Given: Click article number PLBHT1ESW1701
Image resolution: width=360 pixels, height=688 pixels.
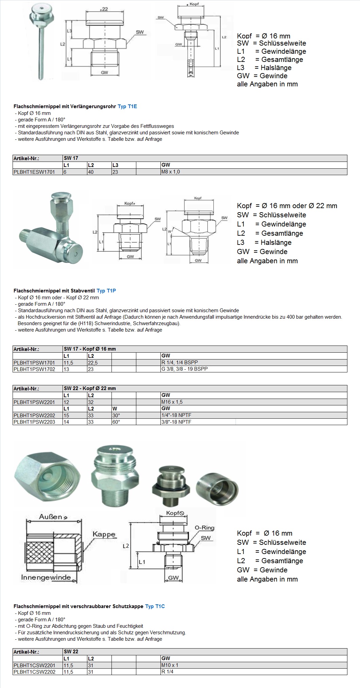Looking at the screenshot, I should point(34,172).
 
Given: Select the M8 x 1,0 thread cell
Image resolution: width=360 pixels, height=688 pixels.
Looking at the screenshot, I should point(171,172).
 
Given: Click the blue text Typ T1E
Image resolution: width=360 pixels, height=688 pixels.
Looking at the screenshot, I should point(127,106).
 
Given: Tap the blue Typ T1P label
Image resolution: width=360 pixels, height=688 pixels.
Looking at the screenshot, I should point(106,291).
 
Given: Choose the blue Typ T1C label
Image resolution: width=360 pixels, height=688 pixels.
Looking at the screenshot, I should point(155,606).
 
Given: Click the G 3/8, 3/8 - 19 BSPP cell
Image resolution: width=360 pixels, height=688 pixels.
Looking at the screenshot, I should point(185,369).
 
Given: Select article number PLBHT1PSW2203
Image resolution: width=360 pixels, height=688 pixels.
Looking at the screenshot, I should point(34,422).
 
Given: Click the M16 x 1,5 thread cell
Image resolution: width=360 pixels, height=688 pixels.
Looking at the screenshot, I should point(172,402).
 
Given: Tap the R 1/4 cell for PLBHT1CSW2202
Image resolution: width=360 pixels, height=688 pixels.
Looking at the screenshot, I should point(168,672).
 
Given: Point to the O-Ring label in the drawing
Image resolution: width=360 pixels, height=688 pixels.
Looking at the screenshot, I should point(204,528).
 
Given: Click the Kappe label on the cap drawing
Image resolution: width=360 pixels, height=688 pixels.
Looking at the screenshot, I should point(104,534).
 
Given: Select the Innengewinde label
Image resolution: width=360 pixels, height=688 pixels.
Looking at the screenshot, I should point(46,577).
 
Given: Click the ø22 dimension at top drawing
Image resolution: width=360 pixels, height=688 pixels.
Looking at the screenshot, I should point(104,9).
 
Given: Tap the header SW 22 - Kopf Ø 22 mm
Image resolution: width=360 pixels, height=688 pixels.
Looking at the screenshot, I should point(90,388).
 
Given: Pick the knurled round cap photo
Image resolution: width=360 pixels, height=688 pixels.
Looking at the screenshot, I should point(217,489).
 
